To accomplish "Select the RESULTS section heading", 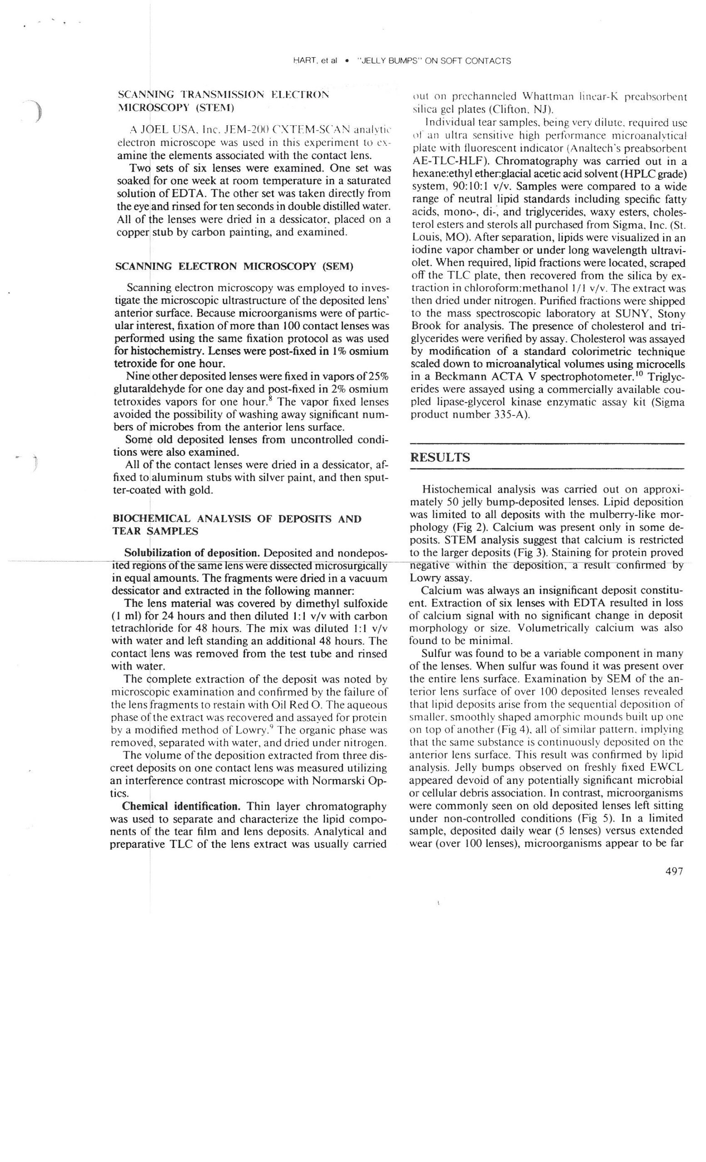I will [x=440, y=458].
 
